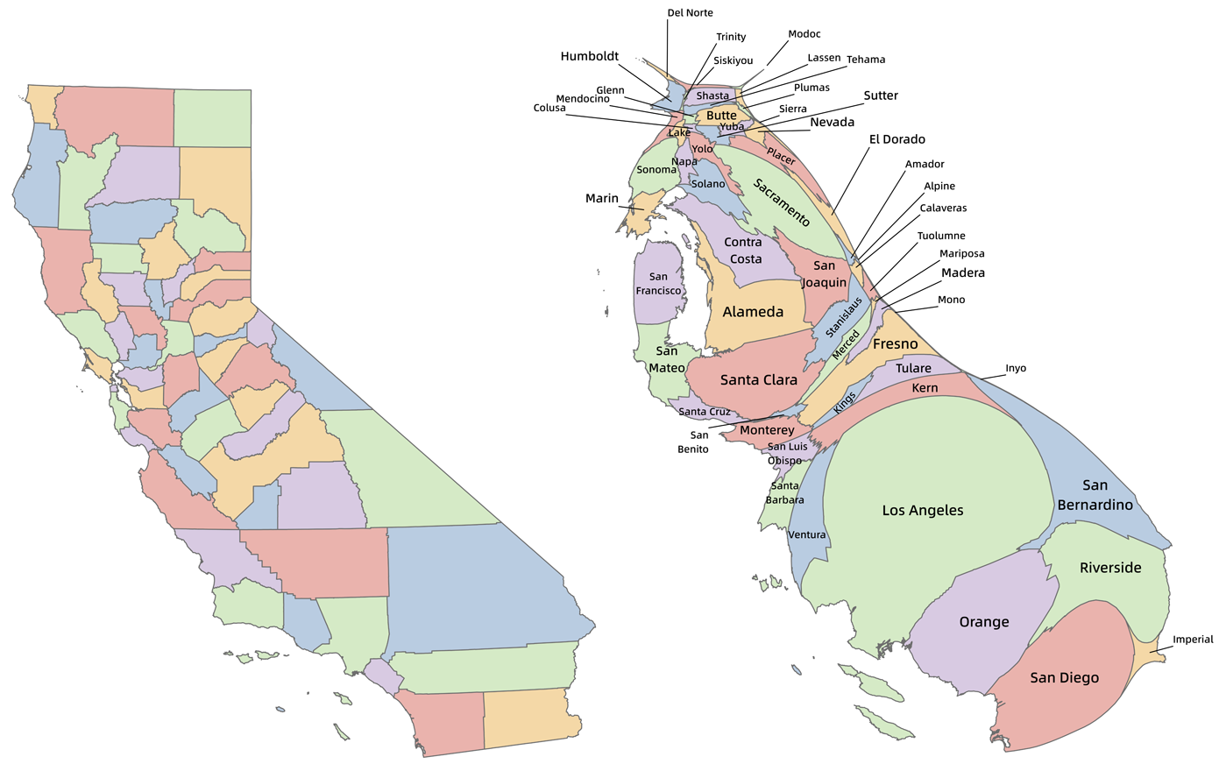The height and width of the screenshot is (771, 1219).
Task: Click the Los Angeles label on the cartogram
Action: pos(922,511)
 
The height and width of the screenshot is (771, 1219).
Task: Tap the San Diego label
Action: pos(1064,677)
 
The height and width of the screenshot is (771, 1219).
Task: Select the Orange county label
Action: pos(984,622)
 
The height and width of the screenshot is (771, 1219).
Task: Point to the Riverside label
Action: pos(1110,568)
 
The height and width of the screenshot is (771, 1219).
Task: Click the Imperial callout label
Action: pos(1193,640)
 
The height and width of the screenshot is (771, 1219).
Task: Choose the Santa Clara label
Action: pos(758,380)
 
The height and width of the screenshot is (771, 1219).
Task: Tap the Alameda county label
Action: pos(753,312)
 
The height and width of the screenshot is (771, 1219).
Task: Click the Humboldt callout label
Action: pos(589,56)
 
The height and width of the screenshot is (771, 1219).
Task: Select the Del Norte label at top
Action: pos(690,13)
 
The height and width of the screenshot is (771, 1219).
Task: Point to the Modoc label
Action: pos(804,34)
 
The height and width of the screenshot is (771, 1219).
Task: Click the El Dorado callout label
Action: pos(897,139)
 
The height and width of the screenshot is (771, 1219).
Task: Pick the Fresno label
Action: pos(895,344)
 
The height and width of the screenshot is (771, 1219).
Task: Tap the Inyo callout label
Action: pos(1015,369)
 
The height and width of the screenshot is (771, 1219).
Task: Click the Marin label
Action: pos(601,199)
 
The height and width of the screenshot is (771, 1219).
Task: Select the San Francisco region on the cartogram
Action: pos(658,284)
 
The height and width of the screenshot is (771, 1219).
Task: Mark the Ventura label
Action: pos(806,535)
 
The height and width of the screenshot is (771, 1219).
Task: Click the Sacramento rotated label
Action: pos(782,203)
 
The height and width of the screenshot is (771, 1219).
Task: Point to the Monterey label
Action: pos(766,430)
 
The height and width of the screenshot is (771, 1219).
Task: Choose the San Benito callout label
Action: pos(699,442)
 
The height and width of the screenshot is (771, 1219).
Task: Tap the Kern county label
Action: pos(925,388)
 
